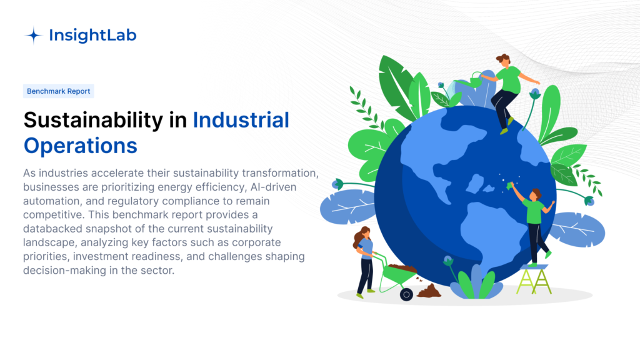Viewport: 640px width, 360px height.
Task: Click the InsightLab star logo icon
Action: click(34, 36)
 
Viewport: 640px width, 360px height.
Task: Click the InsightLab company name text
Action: click(92, 36)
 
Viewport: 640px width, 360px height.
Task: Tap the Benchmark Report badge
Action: click(58, 91)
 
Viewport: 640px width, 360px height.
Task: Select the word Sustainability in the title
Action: click(94, 120)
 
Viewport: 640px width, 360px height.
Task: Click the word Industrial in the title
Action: click(241, 120)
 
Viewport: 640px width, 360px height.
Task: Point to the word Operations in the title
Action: click(81, 146)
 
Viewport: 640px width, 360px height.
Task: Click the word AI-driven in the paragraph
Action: click(274, 187)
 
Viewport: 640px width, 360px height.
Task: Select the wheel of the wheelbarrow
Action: click(406, 294)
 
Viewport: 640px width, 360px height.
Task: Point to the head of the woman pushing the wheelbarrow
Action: click(363, 235)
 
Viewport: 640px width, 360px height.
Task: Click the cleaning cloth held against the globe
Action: click(509, 186)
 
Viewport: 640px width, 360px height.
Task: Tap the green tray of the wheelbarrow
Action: click(399, 276)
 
